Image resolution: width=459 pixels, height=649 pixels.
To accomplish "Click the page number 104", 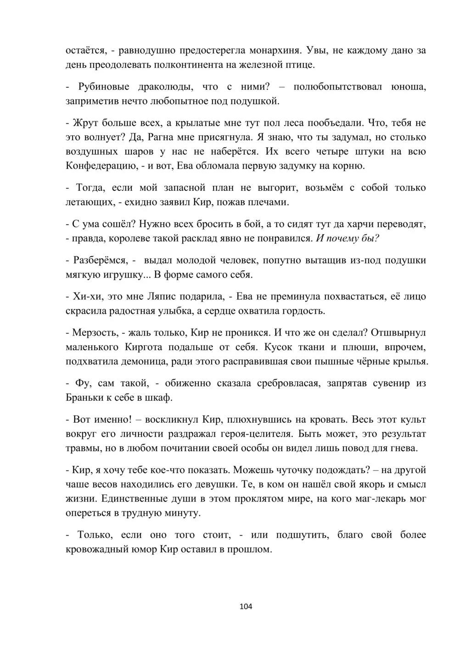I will (x=246, y=606).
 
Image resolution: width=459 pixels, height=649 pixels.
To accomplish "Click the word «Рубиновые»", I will (x=104, y=86).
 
